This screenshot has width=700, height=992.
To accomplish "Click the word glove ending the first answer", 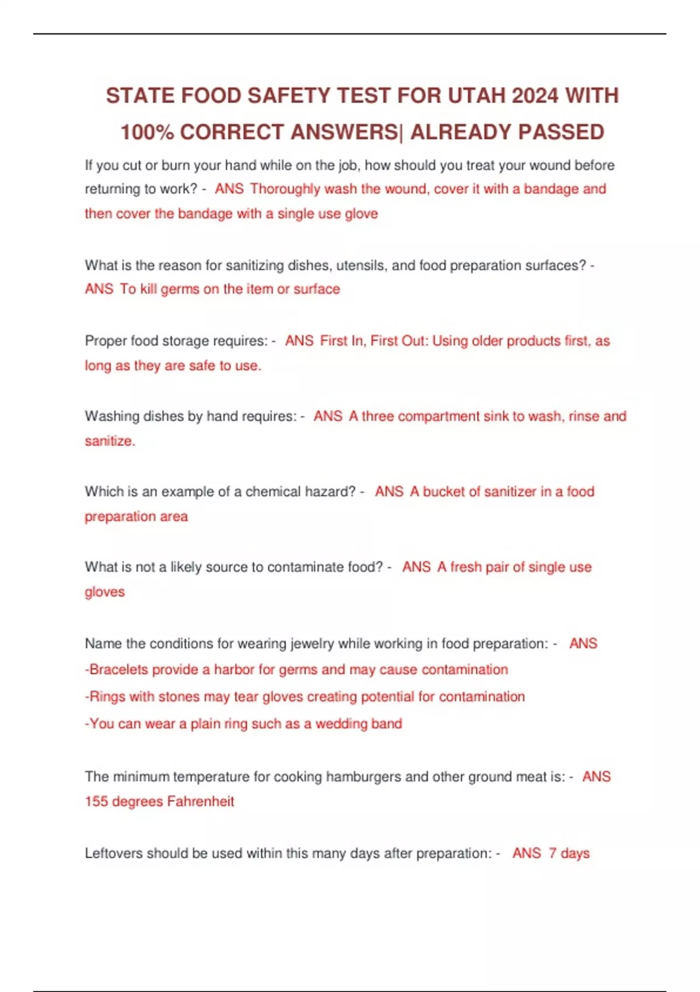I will [x=361, y=214].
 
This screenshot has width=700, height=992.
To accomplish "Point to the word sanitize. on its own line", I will [x=110, y=441].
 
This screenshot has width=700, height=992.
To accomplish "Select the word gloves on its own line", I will [x=105, y=592].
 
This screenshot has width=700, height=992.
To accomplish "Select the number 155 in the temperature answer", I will [x=96, y=801].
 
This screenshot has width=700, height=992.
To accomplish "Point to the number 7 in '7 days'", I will [x=552, y=853].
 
